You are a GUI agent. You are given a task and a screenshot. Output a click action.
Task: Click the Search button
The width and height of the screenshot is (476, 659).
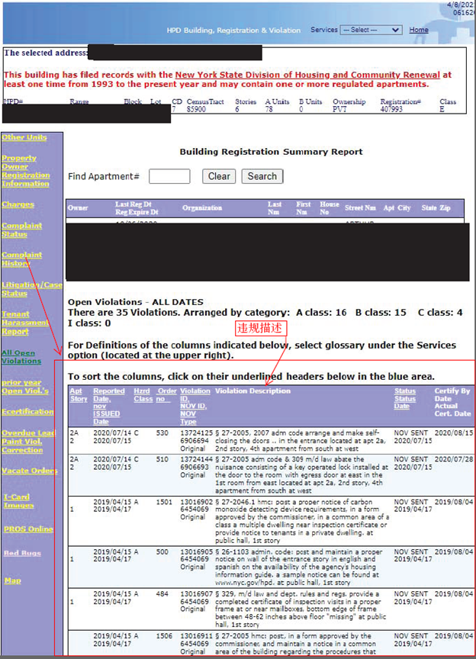(262, 176)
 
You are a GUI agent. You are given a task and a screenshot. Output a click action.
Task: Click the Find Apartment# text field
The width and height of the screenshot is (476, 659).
(169, 176)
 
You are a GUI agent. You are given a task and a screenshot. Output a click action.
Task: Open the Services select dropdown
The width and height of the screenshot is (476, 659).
(371, 30)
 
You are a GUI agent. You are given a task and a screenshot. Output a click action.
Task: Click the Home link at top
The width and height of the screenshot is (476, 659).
(419, 30)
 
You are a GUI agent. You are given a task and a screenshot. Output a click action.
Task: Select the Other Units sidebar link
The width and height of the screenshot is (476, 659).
(24, 137)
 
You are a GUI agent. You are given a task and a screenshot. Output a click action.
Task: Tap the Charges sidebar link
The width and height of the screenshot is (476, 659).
(18, 204)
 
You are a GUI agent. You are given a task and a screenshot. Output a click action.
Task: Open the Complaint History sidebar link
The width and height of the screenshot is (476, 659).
(21, 259)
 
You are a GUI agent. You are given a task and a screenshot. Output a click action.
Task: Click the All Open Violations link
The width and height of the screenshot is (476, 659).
(21, 356)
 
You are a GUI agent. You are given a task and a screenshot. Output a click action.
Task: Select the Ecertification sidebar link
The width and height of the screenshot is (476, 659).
(27, 411)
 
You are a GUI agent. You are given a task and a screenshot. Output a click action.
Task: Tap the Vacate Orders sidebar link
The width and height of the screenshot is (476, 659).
(30, 471)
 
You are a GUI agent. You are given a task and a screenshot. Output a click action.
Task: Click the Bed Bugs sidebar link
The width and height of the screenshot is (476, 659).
(22, 553)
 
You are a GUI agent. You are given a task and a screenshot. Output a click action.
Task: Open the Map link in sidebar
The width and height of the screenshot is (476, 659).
(12, 580)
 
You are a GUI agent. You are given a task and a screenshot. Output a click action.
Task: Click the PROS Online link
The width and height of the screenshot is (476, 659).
(28, 529)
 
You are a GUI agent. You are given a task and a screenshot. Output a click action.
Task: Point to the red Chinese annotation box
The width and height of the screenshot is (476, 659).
(261, 328)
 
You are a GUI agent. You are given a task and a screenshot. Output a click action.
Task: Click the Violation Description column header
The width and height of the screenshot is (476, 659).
(252, 391)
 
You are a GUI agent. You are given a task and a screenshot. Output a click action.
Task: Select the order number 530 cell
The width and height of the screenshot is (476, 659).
(162, 432)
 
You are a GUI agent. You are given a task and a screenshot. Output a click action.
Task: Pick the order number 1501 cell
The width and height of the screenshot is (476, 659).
(163, 501)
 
